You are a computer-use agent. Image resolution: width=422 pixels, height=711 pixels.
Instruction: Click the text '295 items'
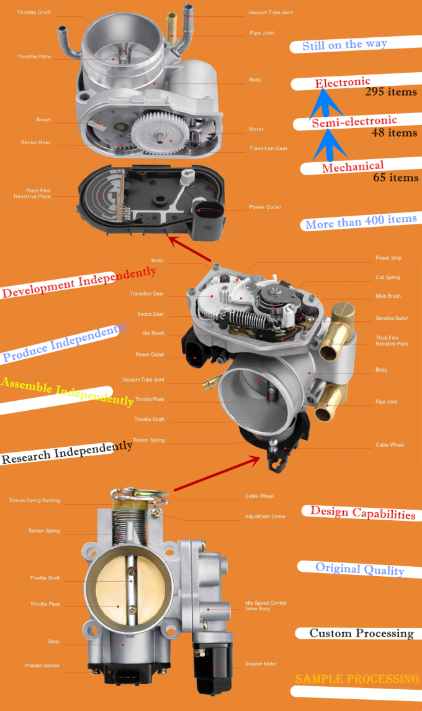click(391, 92)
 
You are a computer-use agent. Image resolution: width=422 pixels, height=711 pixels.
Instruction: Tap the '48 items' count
click(394, 132)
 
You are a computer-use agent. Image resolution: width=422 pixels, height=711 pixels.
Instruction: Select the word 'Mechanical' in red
click(352, 167)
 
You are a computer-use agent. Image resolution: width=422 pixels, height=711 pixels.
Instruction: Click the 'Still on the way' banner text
click(344, 45)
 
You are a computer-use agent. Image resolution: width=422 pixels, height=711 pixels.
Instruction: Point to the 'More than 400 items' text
click(361, 221)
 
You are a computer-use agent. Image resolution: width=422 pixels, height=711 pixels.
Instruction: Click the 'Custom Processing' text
click(361, 633)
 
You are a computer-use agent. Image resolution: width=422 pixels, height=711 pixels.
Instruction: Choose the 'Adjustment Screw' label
click(265, 516)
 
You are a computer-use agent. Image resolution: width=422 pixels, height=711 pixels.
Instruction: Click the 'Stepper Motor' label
click(261, 664)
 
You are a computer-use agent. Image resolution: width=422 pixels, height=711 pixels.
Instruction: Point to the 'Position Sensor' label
click(42, 665)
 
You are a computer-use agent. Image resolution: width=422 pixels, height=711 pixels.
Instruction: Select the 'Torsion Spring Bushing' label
click(34, 500)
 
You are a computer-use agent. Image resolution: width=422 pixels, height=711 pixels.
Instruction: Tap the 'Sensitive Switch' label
click(392, 318)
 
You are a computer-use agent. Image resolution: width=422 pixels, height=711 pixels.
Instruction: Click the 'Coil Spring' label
click(387, 277)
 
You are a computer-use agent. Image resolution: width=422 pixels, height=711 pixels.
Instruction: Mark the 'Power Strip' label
click(388, 257)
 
